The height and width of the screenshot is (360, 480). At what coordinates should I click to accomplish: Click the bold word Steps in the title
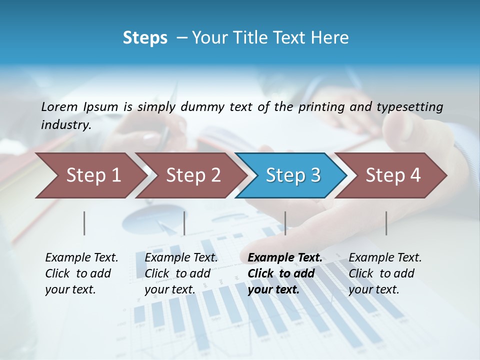[x=145, y=37]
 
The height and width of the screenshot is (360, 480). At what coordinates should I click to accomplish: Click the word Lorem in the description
[x=59, y=106]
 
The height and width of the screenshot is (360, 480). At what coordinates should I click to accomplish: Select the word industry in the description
[x=65, y=125]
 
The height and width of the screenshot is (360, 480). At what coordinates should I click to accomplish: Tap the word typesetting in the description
[x=409, y=106]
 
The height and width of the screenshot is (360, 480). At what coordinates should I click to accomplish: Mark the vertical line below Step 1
[x=84, y=223]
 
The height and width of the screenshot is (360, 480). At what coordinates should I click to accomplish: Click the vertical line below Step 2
[x=184, y=223]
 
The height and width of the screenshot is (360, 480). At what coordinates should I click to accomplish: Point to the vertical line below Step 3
[x=285, y=223]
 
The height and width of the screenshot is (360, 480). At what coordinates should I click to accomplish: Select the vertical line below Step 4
[x=386, y=223]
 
